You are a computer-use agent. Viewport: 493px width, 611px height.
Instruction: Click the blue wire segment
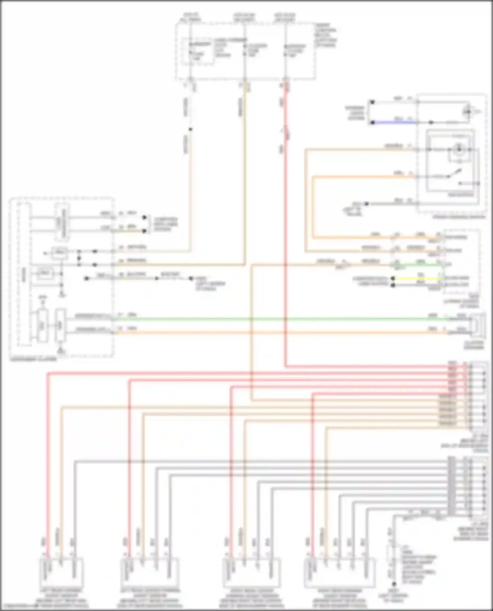[x=394, y=122]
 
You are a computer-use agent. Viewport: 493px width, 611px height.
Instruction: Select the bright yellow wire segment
[x=417, y=278]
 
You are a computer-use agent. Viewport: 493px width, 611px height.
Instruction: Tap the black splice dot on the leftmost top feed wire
[x=190, y=129]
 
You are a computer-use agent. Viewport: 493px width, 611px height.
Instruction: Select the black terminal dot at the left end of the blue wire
[x=372, y=122]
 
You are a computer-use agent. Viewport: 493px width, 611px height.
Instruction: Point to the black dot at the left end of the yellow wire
[x=393, y=278]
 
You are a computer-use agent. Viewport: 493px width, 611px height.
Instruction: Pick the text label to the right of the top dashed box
[x=325, y=34]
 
